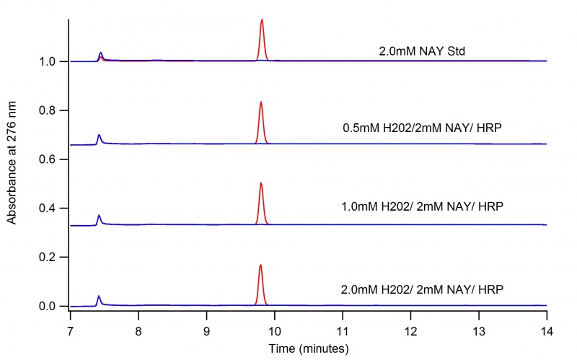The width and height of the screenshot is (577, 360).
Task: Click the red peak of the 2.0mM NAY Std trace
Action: [x=262, y=22]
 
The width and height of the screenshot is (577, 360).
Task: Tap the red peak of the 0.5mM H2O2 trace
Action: [x=260, y=104]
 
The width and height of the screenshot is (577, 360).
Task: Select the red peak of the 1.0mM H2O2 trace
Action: [x=260, y=185]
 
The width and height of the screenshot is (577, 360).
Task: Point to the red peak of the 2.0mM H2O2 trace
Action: [x=260, y=267]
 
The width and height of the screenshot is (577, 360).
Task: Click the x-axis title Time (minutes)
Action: [x=309, y=348]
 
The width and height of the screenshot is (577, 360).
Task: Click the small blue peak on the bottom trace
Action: [x=99, y=297]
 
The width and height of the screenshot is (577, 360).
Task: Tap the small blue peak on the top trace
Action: [x=100, y=54]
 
